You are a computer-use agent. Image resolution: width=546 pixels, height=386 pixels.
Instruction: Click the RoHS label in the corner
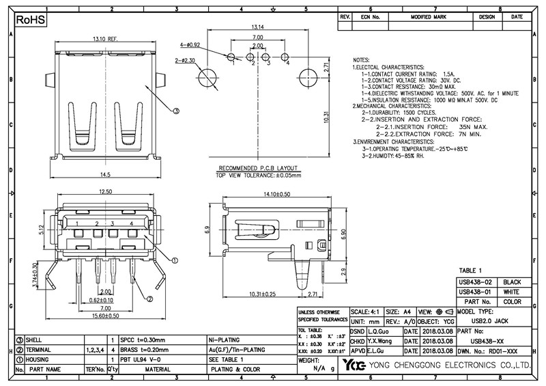point(31,20)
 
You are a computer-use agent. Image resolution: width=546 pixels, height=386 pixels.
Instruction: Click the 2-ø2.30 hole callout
point(186,61)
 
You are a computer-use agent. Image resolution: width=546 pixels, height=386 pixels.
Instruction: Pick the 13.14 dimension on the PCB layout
point(259,28)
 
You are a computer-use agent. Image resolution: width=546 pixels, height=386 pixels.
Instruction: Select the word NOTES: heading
point(363,60)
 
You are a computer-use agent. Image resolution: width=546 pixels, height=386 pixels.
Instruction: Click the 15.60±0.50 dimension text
point(104,315)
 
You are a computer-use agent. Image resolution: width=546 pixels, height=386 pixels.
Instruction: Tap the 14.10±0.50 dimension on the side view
point(276,194)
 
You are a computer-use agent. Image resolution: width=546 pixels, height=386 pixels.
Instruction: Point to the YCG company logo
point(354,365)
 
